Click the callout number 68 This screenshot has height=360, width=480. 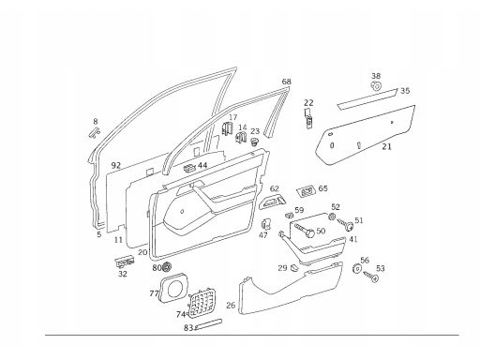(286, 82)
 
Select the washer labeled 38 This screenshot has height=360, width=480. (376, 85)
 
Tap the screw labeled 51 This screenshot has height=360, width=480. (345, 224)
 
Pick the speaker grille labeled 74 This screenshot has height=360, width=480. (202, 303)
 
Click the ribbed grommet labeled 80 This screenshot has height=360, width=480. (167, 266)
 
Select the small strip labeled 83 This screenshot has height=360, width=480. (208, 324)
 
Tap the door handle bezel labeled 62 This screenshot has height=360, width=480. (272, 202)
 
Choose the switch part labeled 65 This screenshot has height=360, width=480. (306, 191)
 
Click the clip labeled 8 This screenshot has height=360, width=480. (94, 132)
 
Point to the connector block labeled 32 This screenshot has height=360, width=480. (125, 262)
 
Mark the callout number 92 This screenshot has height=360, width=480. (116, 165)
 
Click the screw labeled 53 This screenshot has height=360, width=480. (371, 277)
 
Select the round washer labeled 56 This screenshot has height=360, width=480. (356, 268)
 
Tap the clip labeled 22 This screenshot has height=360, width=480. (308, 119)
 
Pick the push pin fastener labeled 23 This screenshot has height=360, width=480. (255, 142)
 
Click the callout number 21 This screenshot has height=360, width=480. (386, 146)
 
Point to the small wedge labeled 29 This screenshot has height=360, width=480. (294, 267)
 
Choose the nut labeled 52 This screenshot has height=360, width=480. (333, 217)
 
